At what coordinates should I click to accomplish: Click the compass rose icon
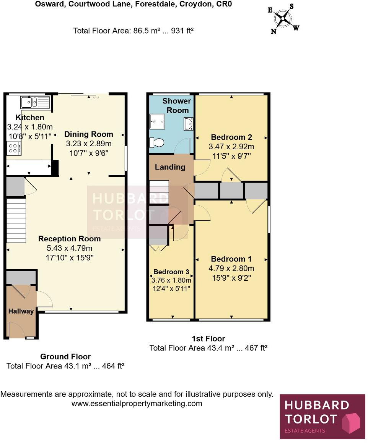point(283,18)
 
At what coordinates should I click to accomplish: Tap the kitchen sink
point(35,102)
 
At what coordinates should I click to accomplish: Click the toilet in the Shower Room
point(157,142)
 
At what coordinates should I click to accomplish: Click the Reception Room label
point(69,239)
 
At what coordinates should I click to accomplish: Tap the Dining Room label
point(88,134)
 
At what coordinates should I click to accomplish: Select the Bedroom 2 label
point(231,137)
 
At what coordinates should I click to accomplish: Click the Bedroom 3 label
point(171,272)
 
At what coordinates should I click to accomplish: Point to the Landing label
point(170,167)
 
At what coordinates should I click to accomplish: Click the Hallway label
point(21,311)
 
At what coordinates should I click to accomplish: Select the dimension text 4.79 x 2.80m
point(231,268)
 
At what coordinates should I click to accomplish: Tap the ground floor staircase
point(16,220)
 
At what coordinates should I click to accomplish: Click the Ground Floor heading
point(65,357)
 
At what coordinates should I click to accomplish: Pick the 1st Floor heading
point(208,338)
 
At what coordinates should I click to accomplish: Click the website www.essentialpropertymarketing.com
point(137,403)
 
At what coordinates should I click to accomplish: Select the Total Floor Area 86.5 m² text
point(133,31)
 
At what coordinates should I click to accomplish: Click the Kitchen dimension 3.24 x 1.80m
point(30,127)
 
